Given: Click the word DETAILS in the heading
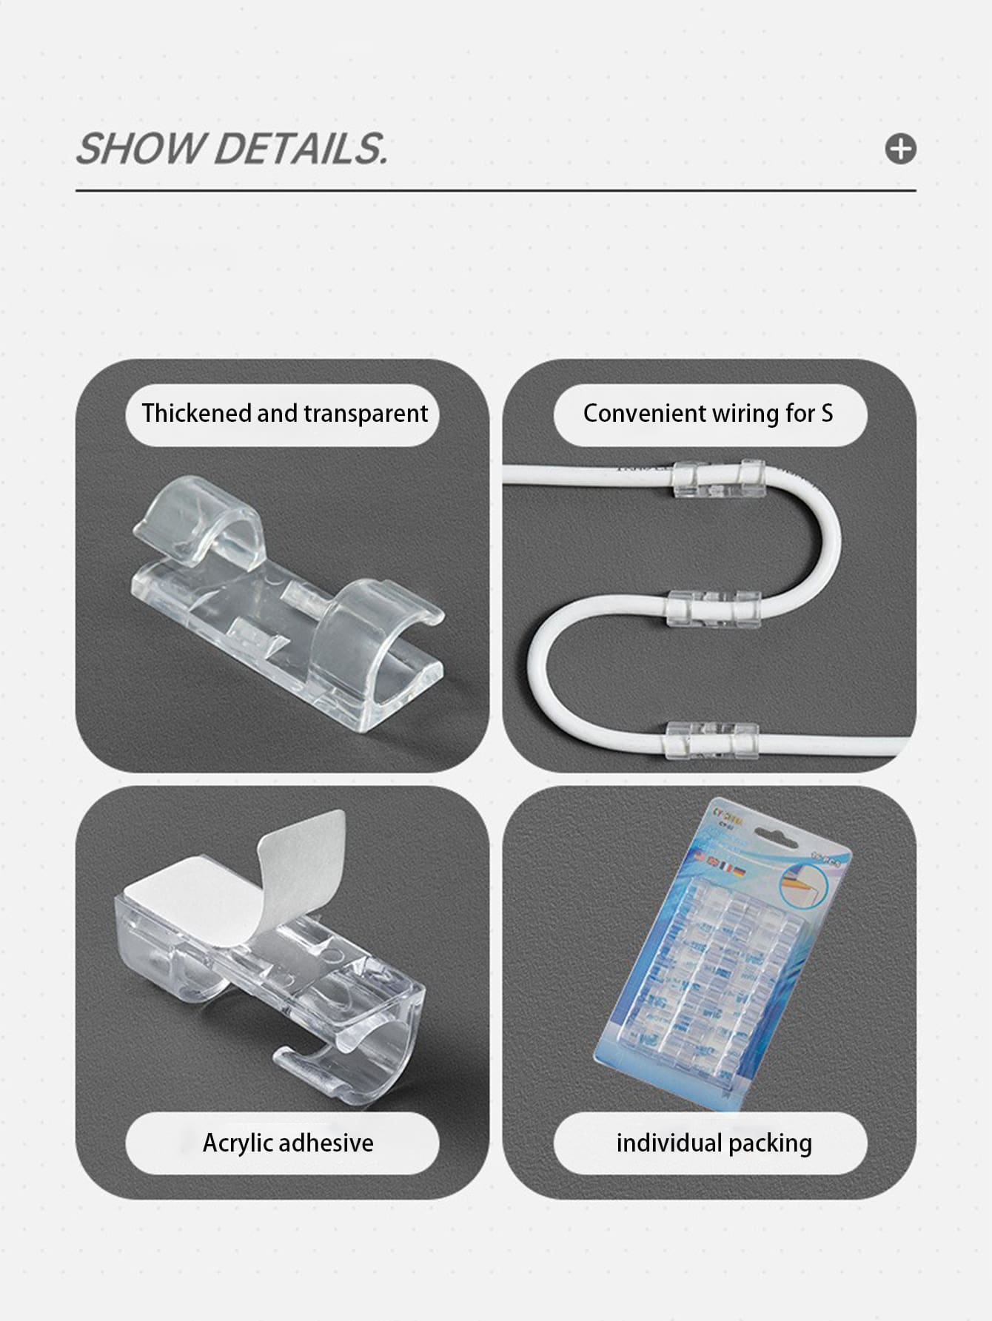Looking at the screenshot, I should pos(300,149).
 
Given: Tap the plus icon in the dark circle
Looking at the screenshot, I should pos(900,149).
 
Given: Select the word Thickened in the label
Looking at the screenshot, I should pos(195,413).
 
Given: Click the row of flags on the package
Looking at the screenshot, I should pos(719,862).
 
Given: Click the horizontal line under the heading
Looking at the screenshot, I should pos(495,191).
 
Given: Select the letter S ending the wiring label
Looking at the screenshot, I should pos(827,413).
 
